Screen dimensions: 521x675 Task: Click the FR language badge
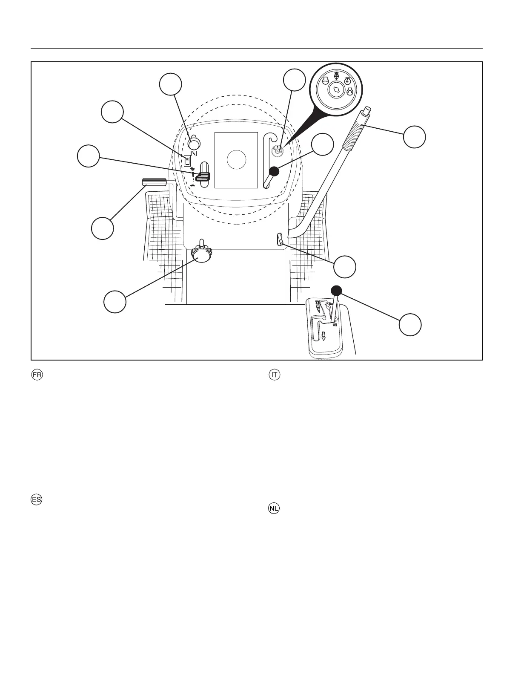[37, 375]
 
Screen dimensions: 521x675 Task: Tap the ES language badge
[37, 499]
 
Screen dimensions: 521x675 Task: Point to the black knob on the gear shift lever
[336, 291]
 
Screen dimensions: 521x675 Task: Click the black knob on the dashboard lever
[274, 171]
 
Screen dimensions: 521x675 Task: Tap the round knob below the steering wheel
[202, 253]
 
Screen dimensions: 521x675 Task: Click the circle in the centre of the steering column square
[237, 160]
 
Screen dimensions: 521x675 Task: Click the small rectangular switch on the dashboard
[187, 161]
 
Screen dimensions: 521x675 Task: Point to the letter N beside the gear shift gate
[335, 325]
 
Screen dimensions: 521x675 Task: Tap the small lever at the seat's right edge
[280, 239]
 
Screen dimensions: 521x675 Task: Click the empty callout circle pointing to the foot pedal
[103, 228]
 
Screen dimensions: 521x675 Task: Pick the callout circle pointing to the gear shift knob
[410, 324]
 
